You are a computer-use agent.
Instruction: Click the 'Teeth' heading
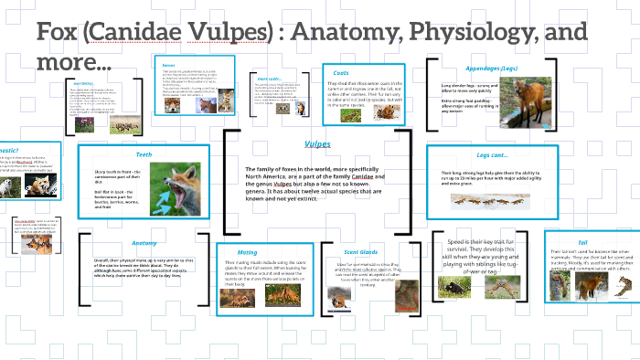pyautogui.click(x=144, y=155)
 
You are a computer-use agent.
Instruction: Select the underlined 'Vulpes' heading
pyautogui.click(x=317, y=144)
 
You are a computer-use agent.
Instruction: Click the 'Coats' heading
pyautogui.click(x=341, y=73)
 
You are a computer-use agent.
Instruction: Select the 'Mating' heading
pyautogui.click(x=247, y=251)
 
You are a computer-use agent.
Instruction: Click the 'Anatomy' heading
pyautogui.click(x=144, y=243)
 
